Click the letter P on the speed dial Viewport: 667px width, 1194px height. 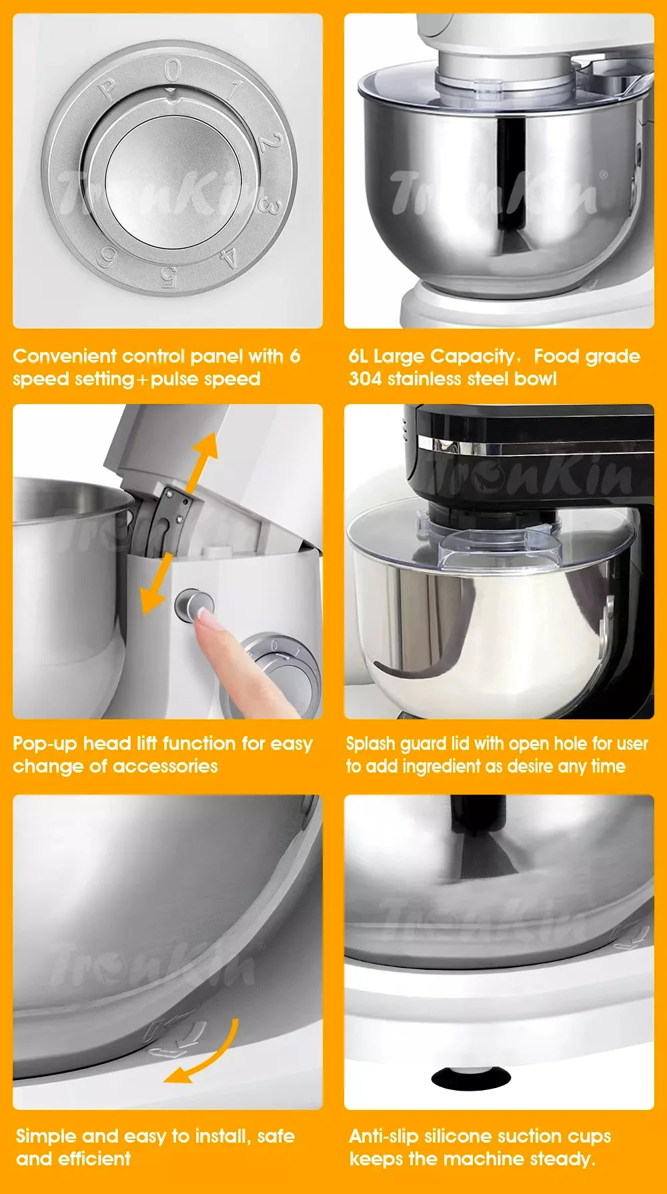point(107,90)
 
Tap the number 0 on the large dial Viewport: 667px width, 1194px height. point(173,71)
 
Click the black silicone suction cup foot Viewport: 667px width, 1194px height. point(470,1077)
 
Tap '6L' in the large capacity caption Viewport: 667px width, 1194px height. point(358,356)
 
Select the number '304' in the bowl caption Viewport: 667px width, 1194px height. point(365,379)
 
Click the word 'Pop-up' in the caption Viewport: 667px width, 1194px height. point(45,743)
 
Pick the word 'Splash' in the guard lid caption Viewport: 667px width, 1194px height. point(371,743)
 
